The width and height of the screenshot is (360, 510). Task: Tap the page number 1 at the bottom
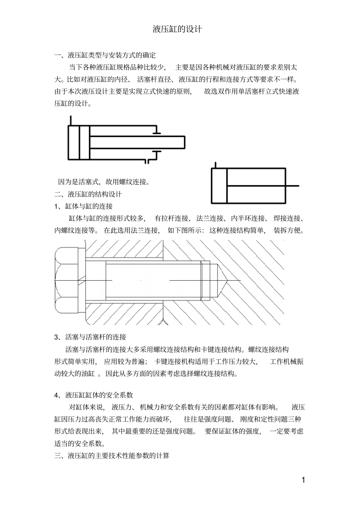pos(303,480)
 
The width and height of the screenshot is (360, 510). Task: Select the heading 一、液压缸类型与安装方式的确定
pos(105,55)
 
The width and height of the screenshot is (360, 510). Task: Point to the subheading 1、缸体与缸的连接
pos(83,207)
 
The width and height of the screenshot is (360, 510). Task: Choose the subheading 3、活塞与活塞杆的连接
pos(90,337)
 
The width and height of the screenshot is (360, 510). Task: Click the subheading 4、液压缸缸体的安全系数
pos(94,395)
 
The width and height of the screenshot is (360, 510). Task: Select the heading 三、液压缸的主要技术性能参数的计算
pos(112,456)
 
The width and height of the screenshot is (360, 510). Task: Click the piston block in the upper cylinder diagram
pos(84,142)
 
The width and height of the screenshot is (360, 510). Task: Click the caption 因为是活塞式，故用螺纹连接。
pos(103,182)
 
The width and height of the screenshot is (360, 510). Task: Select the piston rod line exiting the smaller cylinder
pos(292,186)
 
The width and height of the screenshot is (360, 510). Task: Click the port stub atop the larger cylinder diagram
pos(70,120)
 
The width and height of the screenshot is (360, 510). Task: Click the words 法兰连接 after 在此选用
pos(145,231)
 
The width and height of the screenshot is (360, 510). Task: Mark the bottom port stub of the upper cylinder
pos(147,162)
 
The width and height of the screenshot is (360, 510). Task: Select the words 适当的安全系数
pos(80,444)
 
